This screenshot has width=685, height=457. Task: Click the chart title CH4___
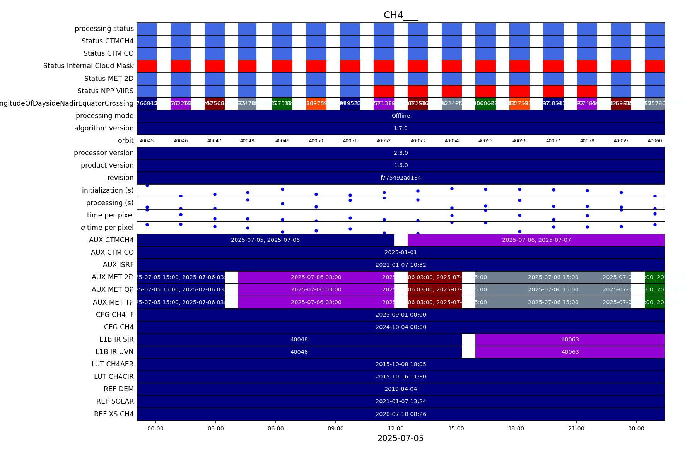[400, 15]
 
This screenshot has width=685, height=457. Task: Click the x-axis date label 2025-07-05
[400, 438]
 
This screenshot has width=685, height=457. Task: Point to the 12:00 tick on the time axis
[396, 428]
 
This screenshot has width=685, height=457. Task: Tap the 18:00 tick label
[516, 428]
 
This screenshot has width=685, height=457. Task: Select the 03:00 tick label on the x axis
[215, 428]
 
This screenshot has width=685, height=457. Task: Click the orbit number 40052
[384, 141]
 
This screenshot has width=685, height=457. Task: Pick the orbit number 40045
[147, 141]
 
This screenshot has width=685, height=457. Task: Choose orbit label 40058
[587, 141]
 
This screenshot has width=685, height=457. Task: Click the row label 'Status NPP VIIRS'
[105, 91]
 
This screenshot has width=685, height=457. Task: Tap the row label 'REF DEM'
[118, 389]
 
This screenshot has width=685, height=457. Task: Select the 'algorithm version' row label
[104, 128]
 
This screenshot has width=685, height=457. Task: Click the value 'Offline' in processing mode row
[401, 116]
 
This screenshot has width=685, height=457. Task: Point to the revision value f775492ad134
[401, 178]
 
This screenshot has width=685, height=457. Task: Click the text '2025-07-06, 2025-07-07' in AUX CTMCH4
[536, 240]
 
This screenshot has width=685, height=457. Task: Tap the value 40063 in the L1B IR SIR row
[570, 339]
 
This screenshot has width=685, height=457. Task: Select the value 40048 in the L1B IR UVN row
[299, 352]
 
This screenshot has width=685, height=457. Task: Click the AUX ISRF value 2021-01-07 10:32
[401, 265]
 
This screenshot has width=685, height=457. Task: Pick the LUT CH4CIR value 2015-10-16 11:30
[401, 377]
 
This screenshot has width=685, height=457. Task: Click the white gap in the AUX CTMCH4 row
[401, 240]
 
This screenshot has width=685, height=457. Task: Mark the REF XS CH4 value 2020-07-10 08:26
[401, 414]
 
